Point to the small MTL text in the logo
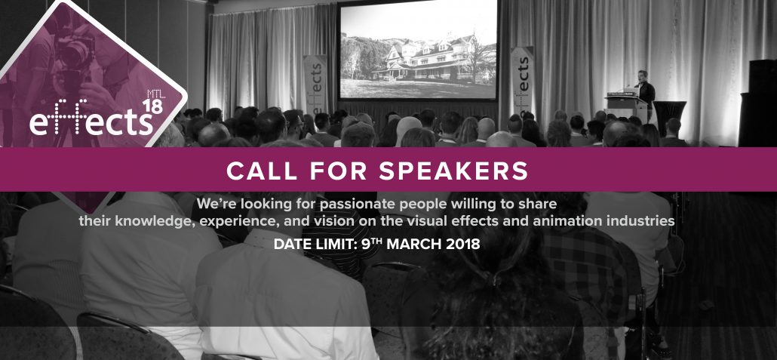click(x=154, y=94)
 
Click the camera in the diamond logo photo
click(x=75, y=50)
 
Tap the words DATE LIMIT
click(x=314, y=244)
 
